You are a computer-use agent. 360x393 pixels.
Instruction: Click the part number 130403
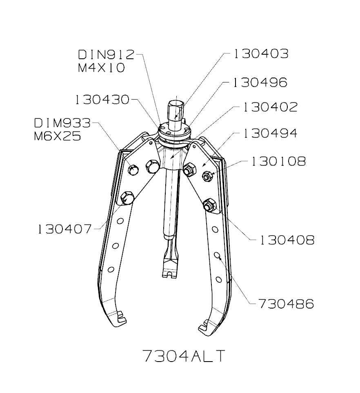261,54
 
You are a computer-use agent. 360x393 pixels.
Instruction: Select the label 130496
260,82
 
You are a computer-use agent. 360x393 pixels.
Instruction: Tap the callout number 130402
270,107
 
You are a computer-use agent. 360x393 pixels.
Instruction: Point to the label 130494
270,133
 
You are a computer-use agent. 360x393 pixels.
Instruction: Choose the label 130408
287,240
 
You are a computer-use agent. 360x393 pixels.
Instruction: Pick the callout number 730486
286,304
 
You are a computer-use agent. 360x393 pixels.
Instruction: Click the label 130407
65,229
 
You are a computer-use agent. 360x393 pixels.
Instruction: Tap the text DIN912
106,54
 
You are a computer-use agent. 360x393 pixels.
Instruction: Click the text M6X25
57,136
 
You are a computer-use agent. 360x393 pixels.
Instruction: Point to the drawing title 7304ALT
184,356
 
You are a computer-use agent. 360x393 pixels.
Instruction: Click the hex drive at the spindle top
175,111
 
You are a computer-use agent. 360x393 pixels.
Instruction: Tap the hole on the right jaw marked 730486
218,256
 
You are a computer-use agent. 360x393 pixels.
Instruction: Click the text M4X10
101,68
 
